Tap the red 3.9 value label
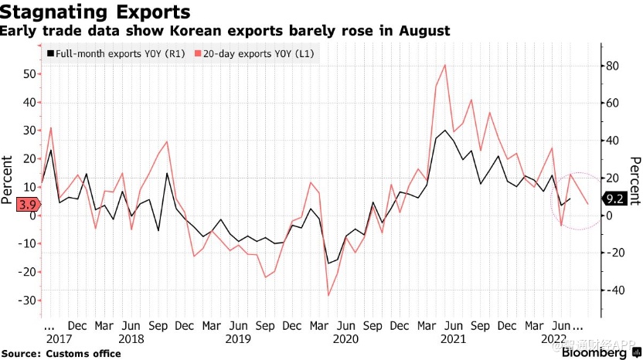coord(15,204)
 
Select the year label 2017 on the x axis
coord(59,338)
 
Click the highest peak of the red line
coord(445,65)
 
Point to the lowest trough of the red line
coord(328,295)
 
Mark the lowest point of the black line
coord(328,263)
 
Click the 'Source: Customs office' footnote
coord(66,353)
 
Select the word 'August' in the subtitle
coord(424,31)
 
